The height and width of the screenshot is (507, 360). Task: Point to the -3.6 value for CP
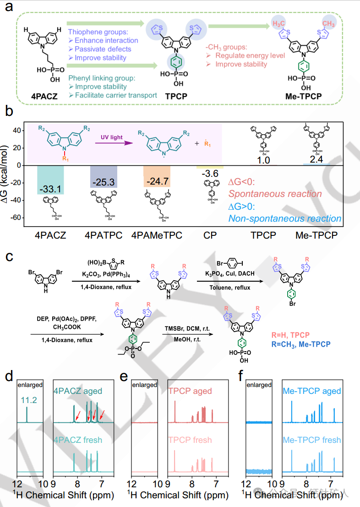209,174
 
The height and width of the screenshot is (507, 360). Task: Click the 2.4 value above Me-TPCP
317,159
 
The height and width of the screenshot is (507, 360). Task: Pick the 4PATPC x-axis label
103,235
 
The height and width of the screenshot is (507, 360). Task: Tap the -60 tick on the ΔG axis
16,218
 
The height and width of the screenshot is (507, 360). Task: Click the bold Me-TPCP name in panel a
306,96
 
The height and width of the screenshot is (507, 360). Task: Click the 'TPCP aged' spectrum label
190,392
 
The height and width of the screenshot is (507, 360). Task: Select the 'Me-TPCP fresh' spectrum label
311,440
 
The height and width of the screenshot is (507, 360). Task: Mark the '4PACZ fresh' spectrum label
78,440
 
